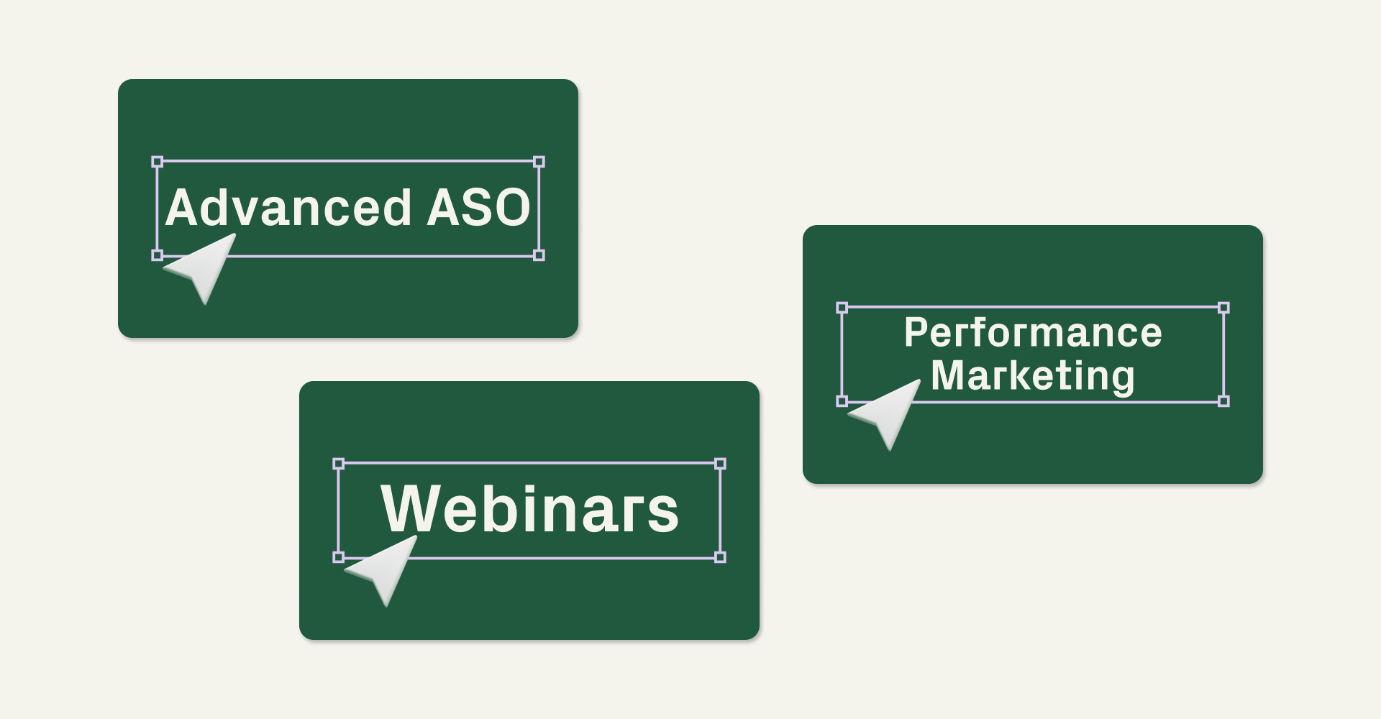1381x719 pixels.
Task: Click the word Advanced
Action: coord(288,208)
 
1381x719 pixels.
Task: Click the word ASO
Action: coord(478,208)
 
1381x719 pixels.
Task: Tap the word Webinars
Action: coord(529,509)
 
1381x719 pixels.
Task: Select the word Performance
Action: coord(1033,333)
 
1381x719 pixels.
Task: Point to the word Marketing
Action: coord(1033,376)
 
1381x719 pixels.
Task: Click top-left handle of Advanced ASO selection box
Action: coord(158,162)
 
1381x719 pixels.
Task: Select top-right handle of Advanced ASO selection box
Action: coord(539,162)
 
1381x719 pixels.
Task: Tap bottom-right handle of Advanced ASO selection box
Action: coord(539,255)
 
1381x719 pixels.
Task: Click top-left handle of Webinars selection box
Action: coord(339,464)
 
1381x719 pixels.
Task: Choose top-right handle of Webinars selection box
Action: coord(720,464)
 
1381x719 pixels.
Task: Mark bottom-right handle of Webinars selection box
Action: coord(720,557)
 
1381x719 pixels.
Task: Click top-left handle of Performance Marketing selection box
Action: coord(842,308)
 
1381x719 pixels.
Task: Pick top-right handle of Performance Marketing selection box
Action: coord(1223,308)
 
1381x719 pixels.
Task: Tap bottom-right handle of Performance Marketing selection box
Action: coord(1223,401)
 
